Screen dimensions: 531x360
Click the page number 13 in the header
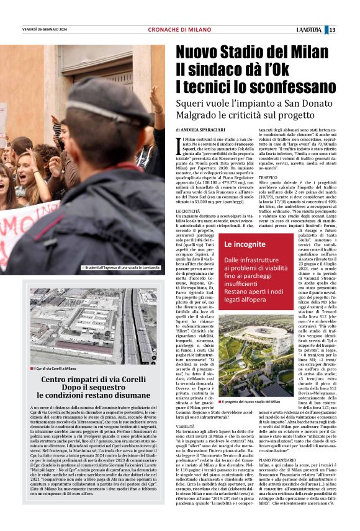coord(350,29)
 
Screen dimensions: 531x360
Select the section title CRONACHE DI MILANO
coord(179,30)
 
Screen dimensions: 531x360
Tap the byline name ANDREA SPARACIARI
coord(212,129)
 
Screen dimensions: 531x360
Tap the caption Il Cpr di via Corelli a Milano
coord(55,368)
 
